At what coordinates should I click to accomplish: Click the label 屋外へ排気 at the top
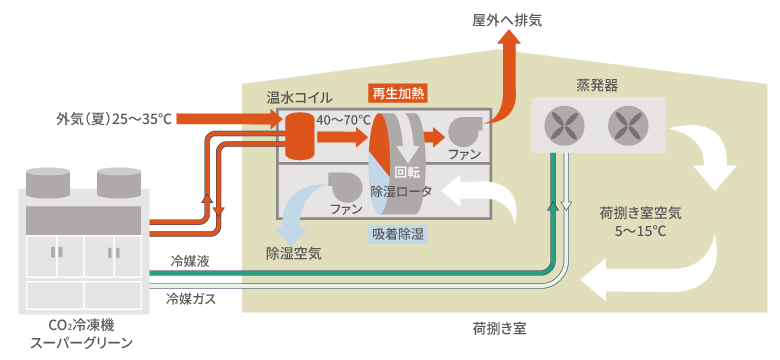506,20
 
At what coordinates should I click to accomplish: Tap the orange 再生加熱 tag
397,93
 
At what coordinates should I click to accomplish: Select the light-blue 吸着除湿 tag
397,234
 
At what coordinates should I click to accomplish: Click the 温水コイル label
299,97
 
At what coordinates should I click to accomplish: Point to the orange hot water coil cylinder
296,135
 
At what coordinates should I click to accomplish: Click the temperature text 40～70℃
344,120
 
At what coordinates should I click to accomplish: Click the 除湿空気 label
293,254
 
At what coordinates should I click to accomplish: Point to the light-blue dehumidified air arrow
294,210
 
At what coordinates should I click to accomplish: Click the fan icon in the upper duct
465,131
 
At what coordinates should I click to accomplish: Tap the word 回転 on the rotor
407,173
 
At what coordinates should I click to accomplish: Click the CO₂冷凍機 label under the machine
82,326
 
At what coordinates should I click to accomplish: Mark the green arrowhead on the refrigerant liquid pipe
553,205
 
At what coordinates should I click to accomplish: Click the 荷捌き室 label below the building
499,329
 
